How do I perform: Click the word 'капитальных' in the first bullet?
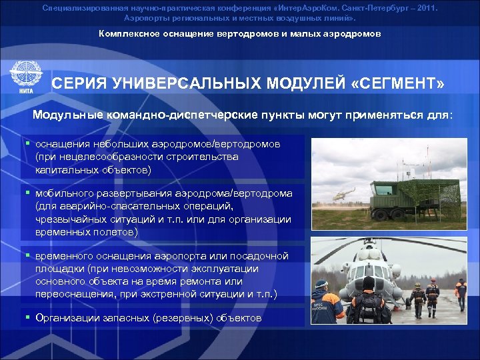coord(67,169)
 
